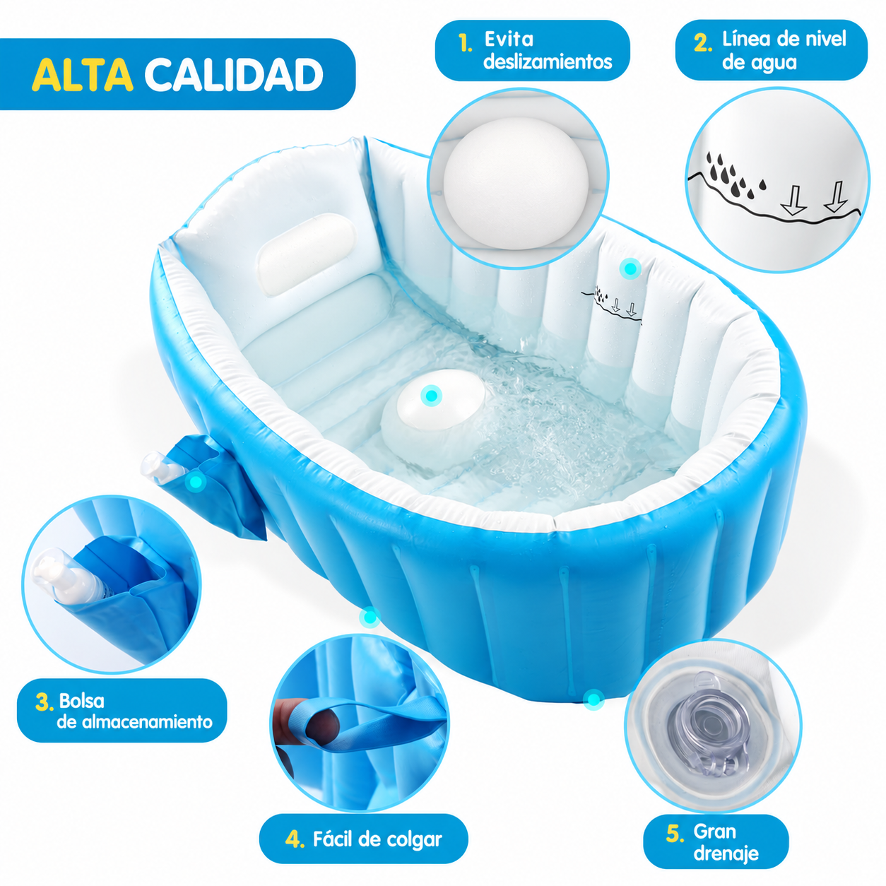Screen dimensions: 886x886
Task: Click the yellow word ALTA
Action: pos(83,74)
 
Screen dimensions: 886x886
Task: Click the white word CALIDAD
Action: pos(235,74)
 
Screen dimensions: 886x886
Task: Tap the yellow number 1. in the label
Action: pos(466,43)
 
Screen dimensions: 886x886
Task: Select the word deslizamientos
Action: pos(548,61)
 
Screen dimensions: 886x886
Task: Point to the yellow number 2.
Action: pos(703,43)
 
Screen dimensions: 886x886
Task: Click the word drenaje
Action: pos(726,853)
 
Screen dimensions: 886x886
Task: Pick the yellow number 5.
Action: pos(675,833)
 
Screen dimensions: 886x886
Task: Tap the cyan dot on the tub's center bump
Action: pos(431,396)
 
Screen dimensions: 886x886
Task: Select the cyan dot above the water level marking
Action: pos(630,268)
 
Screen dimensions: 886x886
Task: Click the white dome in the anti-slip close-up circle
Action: pos(515,184)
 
